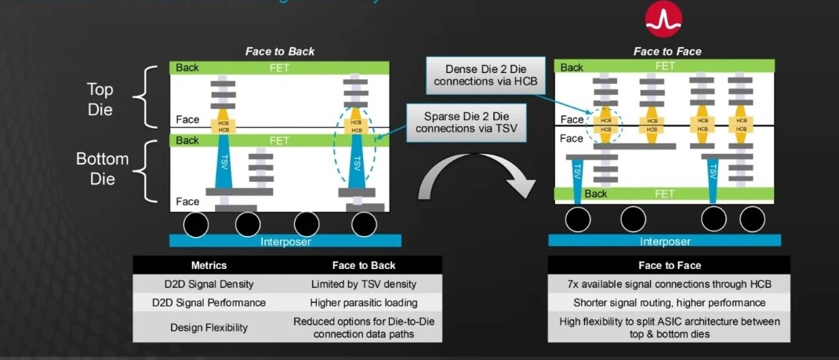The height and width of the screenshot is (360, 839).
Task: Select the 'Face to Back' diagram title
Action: coord(280,52)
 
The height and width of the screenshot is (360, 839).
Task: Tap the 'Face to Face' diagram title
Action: coord(667,52)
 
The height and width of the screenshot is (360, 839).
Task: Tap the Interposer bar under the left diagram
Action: coord(285,241)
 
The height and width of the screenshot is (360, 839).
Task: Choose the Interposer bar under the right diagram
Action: coord(666,242)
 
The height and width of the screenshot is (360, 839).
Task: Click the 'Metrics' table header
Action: coord(209,266)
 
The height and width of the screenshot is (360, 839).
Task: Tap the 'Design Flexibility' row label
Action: coord(209,327)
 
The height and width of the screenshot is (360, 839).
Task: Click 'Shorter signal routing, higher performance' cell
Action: coord(670,302)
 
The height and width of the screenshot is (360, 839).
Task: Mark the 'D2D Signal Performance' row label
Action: coord(209,302)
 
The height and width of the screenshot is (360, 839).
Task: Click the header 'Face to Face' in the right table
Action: coord(670,266)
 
